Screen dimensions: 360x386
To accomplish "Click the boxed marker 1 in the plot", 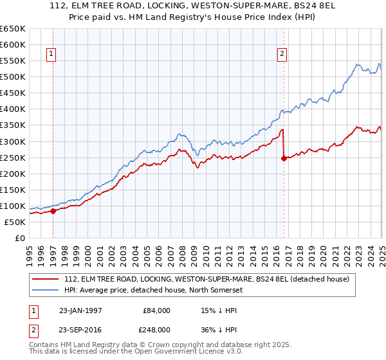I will coord(51,55).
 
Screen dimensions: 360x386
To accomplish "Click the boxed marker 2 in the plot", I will coord(282,55).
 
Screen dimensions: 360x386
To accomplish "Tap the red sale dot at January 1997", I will coord(53,211).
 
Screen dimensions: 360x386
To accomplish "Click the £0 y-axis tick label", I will coord(19,239).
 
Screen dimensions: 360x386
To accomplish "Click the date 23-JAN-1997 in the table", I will coord(82,310).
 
